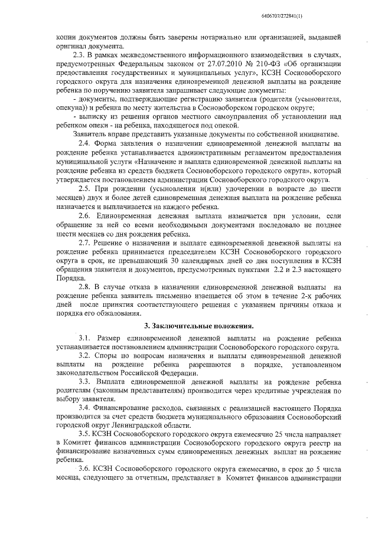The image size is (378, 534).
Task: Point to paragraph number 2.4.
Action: (85, 143)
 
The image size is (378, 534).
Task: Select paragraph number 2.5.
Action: (85, 187)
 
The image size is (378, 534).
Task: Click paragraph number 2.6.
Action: (85, 217)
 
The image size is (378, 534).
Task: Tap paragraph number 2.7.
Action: (85, 243)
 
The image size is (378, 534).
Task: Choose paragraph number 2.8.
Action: (85, 286)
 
